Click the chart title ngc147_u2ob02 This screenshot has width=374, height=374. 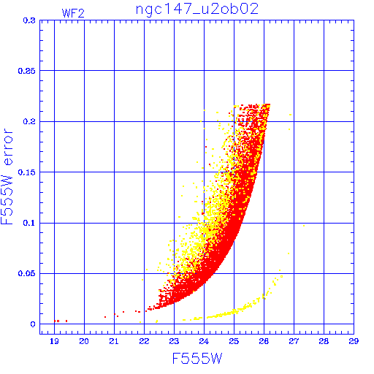tap(197, 9)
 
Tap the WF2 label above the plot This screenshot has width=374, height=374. tap(73, 13)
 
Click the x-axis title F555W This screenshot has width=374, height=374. tap(197, 359)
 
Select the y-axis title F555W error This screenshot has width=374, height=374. tap(7, 176)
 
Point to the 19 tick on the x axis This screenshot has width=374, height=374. tap(54, 341)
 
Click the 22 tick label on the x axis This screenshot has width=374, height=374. tap(144, 341)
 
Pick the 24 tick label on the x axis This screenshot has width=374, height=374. tap(204, 341)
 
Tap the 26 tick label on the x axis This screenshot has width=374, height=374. tap(264, 341)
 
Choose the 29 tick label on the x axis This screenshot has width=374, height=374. tap(354, 341)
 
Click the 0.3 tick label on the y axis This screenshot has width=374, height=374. tap(29, 20)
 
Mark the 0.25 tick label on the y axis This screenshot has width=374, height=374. tap(27, 71)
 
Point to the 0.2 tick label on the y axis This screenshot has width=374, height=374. tap(29, 121)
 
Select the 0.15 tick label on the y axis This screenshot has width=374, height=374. tap(27, 172)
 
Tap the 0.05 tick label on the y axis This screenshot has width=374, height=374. tap(27, 273)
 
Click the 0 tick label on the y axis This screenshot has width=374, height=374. tap(33, 324)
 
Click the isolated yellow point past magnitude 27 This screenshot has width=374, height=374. tap(304, 226)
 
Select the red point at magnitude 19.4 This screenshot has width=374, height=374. tap(66, 321)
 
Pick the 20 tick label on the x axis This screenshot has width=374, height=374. tap(84, 341)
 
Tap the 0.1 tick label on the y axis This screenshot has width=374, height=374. tap(29, 223)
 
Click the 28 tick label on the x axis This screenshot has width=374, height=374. tap(324, 341)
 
